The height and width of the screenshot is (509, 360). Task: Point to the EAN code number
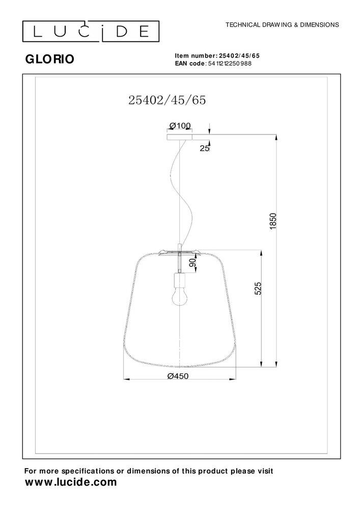tap(229, 64)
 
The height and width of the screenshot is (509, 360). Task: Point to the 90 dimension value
tap(192, 263)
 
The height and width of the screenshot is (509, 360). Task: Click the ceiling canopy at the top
tap(180, 136)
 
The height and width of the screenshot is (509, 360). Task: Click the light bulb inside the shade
tap(179, 296)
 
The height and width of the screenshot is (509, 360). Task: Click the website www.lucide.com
tap(71, 482)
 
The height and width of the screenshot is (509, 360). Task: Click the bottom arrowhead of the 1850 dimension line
tap(275, 364)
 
